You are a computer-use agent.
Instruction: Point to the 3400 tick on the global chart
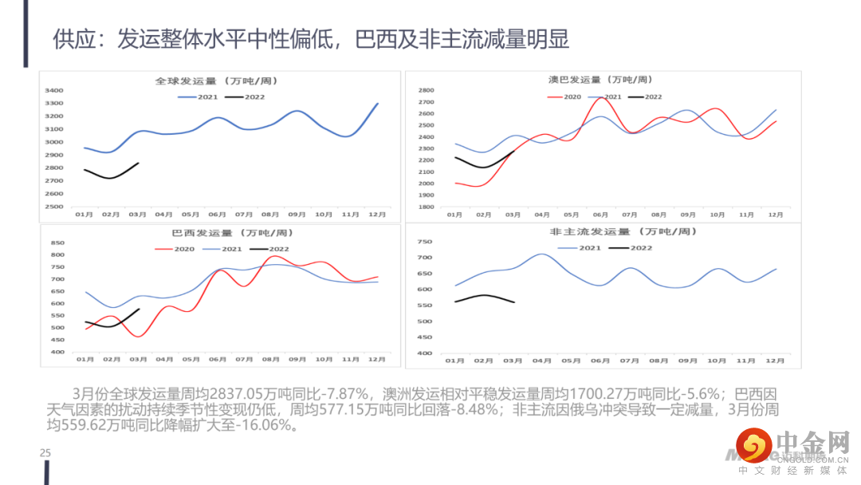tap(53, 90)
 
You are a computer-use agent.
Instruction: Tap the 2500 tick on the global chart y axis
tap(53, 207)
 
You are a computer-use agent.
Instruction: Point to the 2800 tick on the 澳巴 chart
tap(425, 90)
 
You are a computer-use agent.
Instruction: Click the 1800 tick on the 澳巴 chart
tap(425, 207)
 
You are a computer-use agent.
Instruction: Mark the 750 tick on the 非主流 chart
tap(424, 242)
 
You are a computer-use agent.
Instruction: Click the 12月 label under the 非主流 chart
tap(774, 361)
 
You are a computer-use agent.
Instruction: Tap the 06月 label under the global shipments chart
tap(217, 214)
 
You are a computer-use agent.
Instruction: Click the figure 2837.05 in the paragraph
tap(259, 393)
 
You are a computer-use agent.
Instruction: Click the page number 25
tap(45, 453)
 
